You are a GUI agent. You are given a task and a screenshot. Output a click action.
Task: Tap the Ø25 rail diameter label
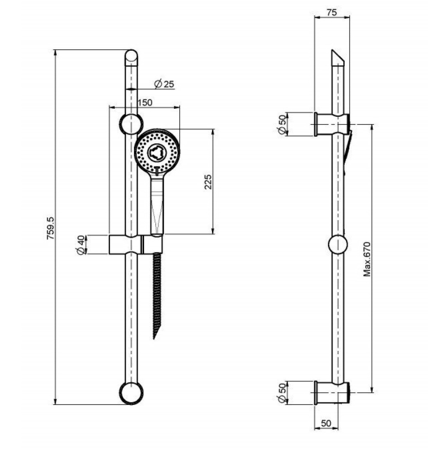(164, 84)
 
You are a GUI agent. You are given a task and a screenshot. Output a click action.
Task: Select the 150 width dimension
(144, 102)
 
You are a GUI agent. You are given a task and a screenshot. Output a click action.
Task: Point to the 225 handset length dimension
(208, 182)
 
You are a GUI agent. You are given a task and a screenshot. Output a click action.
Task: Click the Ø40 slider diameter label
(81, 245)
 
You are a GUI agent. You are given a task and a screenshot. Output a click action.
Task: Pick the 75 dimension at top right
(332, 13)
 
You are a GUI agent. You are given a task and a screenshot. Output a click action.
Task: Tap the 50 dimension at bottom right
(326, 423)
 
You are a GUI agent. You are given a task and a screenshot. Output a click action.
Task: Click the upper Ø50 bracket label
(282, 124)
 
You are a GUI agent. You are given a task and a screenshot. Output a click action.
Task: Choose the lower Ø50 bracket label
(282, 392)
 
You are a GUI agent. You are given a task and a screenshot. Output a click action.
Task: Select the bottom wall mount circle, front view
(131, 393)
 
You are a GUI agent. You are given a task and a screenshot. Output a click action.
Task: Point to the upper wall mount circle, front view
(131, 124)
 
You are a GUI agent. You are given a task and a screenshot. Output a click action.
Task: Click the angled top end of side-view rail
(338, 58)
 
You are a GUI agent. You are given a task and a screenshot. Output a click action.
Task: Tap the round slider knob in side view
(338, 245)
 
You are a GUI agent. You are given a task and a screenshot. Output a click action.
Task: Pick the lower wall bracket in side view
(332, 392)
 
